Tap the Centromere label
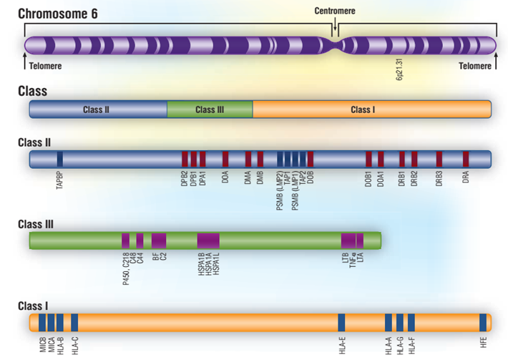coord(335,11)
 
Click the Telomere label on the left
coord(45,66)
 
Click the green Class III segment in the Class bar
coord(210,110)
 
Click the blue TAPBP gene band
coord(60,159)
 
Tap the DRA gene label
coord(466,177)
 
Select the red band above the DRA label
coord(466,159)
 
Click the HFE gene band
coord(484,322)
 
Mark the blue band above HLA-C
coord(74,322)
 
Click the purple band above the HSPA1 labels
coord(208,240)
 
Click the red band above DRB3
coord(439,159)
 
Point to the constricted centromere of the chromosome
coord(334,45)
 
